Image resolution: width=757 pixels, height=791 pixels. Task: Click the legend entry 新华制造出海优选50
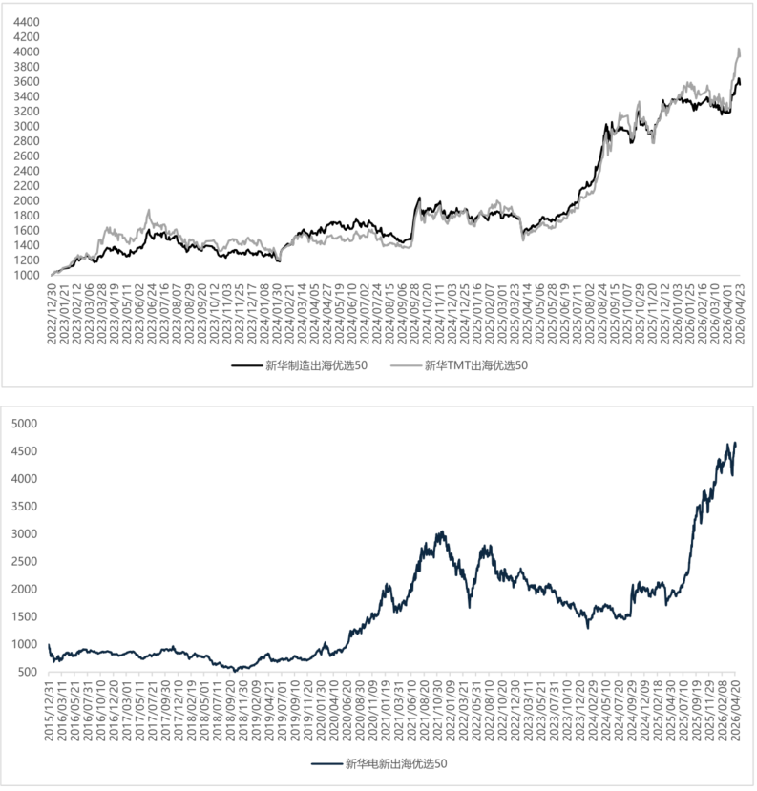pos(316,364)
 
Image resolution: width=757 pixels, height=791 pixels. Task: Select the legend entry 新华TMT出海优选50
pos(476,364)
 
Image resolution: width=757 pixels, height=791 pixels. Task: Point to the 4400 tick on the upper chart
pos(27,21)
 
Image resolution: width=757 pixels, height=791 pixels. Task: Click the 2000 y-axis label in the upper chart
pos(27,200)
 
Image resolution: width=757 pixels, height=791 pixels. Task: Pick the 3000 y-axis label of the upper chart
pos(27,126)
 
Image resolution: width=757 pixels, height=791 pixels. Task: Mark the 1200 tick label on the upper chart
pos(27,260)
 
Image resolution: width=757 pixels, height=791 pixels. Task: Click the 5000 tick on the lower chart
pos(23,423)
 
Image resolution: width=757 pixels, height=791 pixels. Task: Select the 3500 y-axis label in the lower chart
pos(23,506)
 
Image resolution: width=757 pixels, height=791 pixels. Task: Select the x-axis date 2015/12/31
pos(50,714)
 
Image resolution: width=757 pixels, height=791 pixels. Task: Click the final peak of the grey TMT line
pos(737,49)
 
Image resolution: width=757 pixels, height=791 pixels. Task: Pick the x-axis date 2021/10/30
pos(439,714)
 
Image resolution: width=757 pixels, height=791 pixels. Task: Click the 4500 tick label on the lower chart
pos(23,450)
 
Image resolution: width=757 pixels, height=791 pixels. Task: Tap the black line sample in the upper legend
pos(245,364)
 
